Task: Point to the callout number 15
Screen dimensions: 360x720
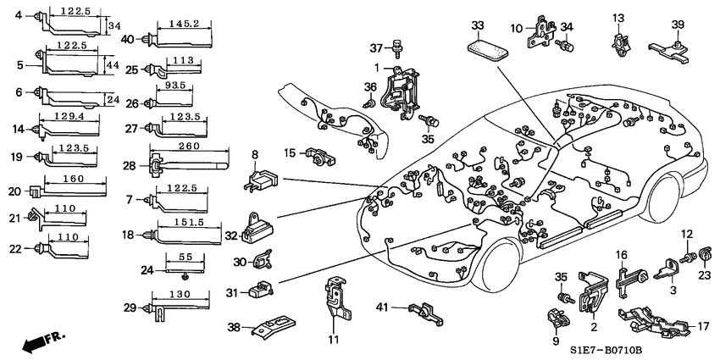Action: [289, 153]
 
